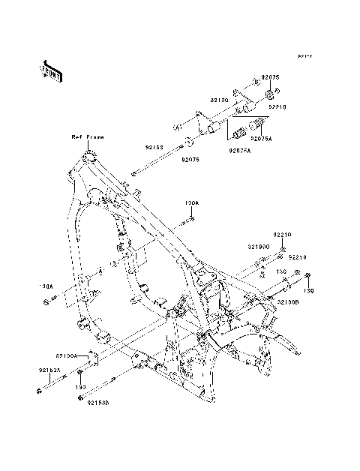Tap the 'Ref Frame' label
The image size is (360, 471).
click(88, 137)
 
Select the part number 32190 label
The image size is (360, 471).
click(218, 100)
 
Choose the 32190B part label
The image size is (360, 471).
click(288, 301)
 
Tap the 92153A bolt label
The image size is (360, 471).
click(50, 370)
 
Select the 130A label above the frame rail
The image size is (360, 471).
click(191, 203)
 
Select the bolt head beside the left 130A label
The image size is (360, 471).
click(66, 302)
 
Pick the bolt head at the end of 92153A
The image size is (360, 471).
click(37, 390)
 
